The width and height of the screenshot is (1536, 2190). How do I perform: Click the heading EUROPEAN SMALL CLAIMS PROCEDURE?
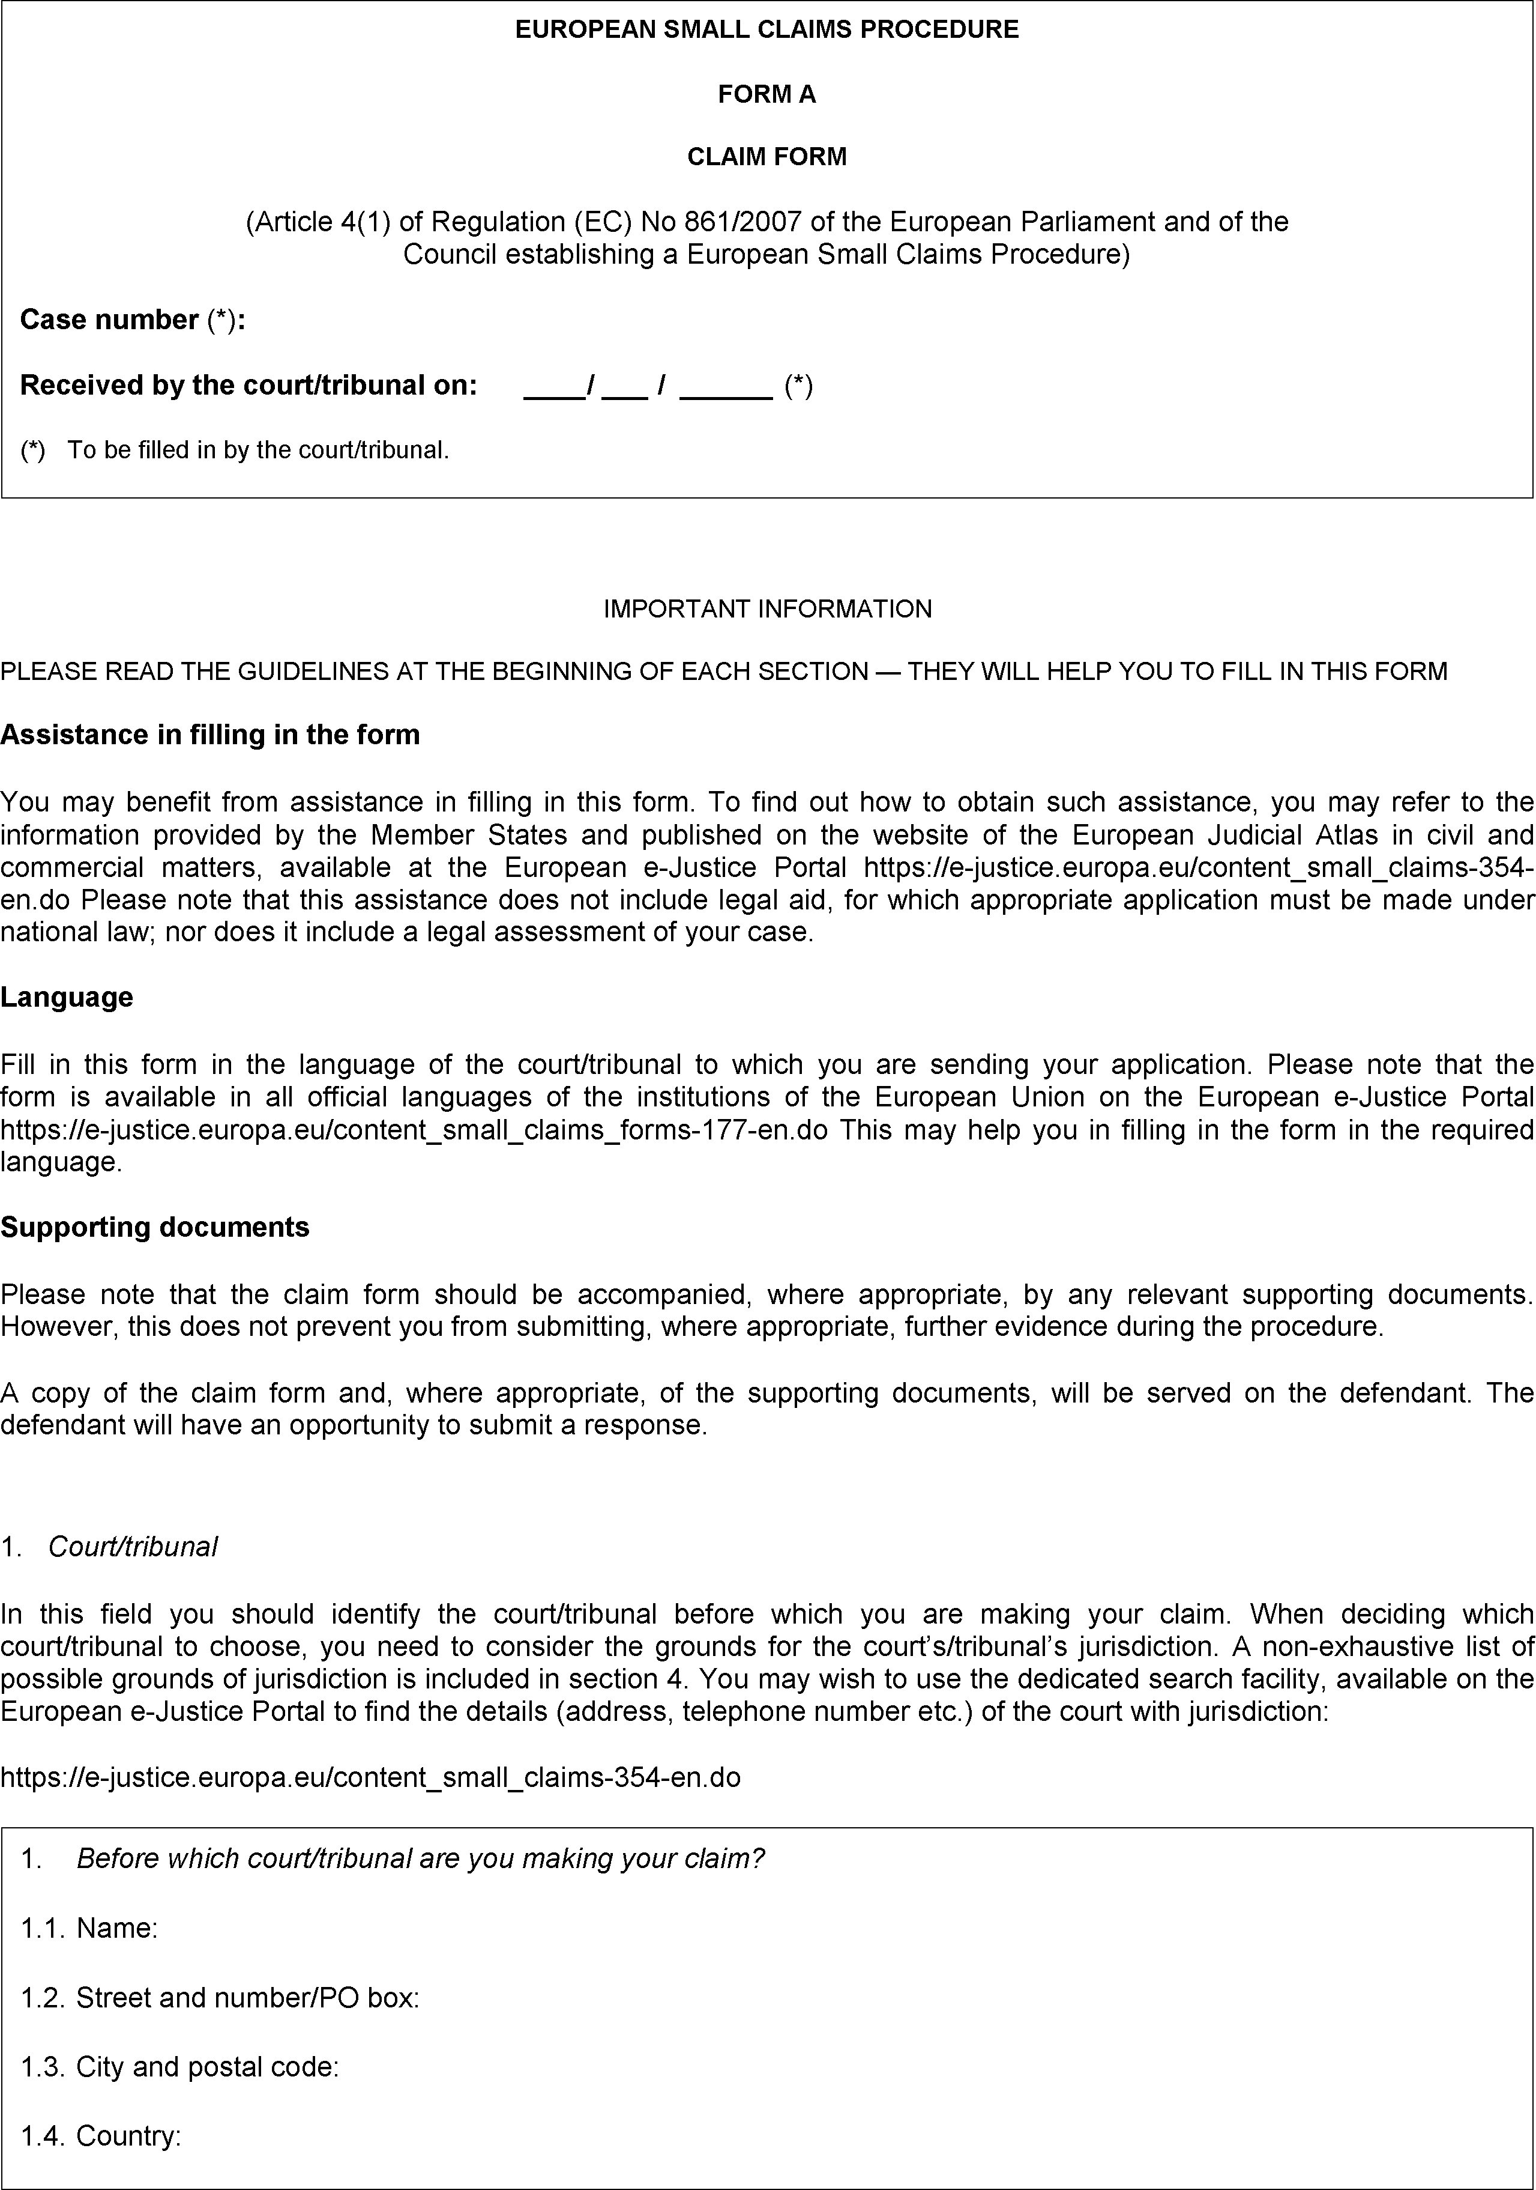(766, 29)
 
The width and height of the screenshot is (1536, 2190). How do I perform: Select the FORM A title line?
(766, 94)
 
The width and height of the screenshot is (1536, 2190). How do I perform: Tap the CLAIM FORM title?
(766, 156)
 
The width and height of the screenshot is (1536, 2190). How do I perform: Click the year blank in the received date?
(726, 386)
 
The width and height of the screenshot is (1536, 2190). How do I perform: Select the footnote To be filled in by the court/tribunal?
(258, 450)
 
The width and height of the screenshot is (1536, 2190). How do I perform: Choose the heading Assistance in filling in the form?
(209, 735)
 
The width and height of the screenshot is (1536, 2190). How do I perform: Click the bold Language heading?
(67, 996)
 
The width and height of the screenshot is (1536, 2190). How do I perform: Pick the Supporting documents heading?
(154, 1227)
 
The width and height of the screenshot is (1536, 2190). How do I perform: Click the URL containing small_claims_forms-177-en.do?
(414, 1130)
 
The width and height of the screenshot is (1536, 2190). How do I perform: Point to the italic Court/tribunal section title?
(133, 1546)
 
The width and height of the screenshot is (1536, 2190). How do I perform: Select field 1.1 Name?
(116, 1928)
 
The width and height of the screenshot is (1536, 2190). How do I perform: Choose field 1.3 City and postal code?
(207, 2066)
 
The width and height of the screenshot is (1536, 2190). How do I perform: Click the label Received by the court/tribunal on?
(248, 386)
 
